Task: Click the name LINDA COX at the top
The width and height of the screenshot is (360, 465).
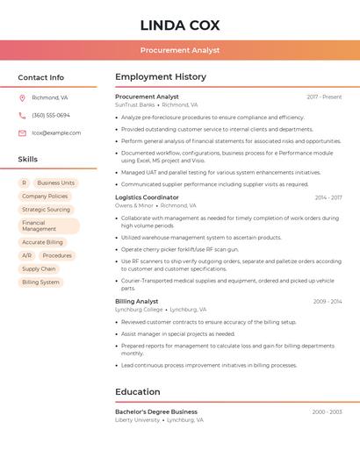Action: point(180,25)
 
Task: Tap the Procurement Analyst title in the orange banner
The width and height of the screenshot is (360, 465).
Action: point(180,51)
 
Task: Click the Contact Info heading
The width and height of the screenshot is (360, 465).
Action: point(41,77)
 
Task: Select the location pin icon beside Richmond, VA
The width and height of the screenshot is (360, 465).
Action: point(22,97)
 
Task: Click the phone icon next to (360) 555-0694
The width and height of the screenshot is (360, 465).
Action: point(22,115)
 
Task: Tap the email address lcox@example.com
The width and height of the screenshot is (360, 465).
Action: point(56,133)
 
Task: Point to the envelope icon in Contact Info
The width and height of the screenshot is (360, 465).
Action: point(22,133)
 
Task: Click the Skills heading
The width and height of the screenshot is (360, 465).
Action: point(28,160)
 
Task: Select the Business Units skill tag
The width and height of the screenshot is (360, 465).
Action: point(56,183)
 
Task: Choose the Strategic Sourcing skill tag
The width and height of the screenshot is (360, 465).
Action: point(47,210)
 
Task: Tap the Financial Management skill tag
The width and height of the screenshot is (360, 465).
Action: point(47,225)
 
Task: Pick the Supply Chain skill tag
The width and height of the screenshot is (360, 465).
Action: point(39,269)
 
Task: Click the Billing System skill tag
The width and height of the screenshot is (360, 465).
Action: point(41,283)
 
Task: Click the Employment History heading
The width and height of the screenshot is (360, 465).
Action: point(161,77)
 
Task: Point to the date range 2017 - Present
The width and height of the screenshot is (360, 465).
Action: point(324,97)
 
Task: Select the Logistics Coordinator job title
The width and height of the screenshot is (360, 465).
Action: point(147,197)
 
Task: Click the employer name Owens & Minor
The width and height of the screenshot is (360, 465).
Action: point(134,205)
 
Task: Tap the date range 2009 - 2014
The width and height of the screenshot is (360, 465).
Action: point(328,301)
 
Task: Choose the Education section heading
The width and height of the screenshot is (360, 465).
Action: point(138,392)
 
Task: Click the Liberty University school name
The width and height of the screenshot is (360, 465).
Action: point(138,419)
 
